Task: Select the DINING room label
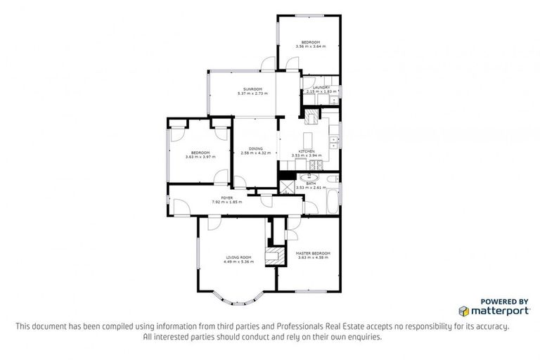255,149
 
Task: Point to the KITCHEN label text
306,152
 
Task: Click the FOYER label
226,198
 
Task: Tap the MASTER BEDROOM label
314,252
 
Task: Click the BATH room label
311,183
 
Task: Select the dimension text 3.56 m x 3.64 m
310,47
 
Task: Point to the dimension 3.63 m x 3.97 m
200,156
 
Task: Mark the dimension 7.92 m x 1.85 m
226,202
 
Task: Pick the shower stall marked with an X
288,186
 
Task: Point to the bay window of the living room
236,300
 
